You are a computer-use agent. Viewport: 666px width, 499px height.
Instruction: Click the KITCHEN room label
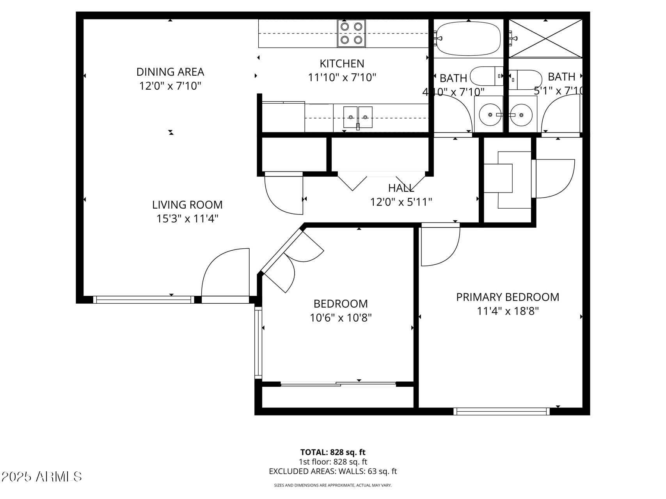point(342,64)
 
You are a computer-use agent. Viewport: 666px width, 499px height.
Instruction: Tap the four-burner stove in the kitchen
point(352,33)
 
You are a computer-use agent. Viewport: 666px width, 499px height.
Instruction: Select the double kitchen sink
point(358,117)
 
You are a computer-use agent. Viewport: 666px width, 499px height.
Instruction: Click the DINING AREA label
point(170,72)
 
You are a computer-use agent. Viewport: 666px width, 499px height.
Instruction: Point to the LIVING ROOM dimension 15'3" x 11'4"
point(187,219)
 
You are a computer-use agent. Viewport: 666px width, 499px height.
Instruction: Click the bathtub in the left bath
point(468,38)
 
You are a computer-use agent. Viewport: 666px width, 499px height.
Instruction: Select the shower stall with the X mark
point(545,38)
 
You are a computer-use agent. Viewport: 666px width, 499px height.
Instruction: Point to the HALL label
point(401,188)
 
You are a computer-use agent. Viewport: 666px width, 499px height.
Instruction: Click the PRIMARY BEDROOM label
point(508,297)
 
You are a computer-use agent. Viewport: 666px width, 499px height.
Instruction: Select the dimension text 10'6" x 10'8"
point(340,318)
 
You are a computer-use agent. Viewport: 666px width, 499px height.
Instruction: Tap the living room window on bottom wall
point(144,299)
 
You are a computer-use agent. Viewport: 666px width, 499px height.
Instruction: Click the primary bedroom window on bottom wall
point(501,411)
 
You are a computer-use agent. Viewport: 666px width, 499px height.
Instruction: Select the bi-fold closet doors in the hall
point(381,180)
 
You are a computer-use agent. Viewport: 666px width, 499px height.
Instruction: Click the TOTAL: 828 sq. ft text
point(333,452)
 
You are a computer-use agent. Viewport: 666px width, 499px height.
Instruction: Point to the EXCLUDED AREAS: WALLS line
point(333,471)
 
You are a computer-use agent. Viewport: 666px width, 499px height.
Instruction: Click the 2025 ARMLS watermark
point(41,476)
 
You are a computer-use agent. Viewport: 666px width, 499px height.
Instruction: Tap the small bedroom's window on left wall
point(258,342)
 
